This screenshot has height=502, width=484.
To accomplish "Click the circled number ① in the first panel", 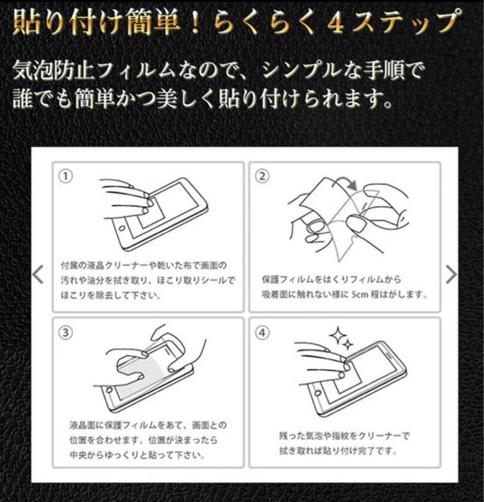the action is pyautogui.click(x=66, y=177).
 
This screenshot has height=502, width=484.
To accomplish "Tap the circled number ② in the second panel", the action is pyautogui.click(x=262, y=177).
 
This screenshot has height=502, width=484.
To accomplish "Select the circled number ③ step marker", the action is pyautogui.click(x=66, y=333).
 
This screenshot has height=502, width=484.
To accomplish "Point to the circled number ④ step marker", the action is pyautogui.click(x=262, y=333).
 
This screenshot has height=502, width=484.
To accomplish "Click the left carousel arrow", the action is pyautogui.click(x=38, y=274).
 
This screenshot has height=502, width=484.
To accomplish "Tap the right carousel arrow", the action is pyautogui.click(x=451, y=274).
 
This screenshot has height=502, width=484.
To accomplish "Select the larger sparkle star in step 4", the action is pyautogui.click(x=337, y=335).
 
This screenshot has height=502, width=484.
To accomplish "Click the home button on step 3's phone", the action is pyautogui.click(x=109, y=389).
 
